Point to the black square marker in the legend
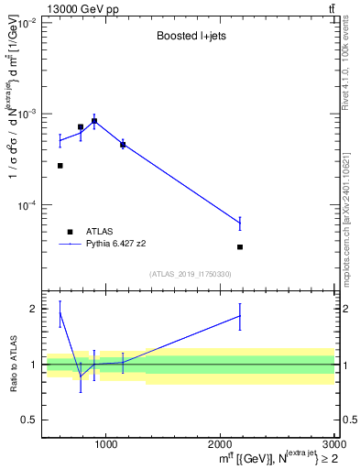(71, 232)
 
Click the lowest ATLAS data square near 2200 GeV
(240, 247)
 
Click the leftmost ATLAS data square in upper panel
(60, 166)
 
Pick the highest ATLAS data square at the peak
(94, 121)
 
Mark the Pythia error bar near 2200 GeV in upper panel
(240, 223)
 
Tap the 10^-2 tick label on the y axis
(26, 22)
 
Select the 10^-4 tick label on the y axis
(26, 205)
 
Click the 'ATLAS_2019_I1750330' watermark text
(191, 274)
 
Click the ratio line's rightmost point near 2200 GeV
(240, 316)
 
